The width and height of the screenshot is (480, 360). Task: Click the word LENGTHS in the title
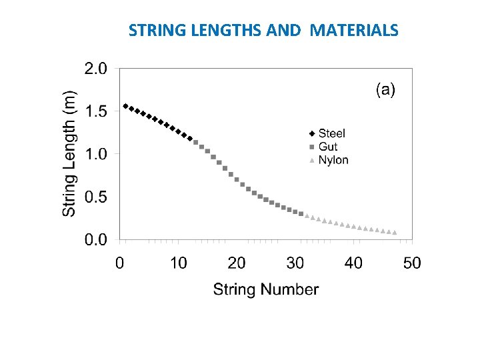tap(219, 31)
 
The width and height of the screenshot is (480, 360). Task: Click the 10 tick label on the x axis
tap(178, 263)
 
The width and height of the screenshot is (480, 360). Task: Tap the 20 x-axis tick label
tap(237, 263)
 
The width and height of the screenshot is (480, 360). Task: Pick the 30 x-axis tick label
tap(295, 263)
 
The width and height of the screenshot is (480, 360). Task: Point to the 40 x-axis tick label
tap(354, 263)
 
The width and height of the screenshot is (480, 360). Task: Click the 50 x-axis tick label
tap(412, 263)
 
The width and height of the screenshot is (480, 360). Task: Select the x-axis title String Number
tap(266, 289)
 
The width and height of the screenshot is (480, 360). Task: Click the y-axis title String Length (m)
tap(69, 153)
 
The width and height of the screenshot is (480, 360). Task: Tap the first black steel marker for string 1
tap(126, 106)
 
